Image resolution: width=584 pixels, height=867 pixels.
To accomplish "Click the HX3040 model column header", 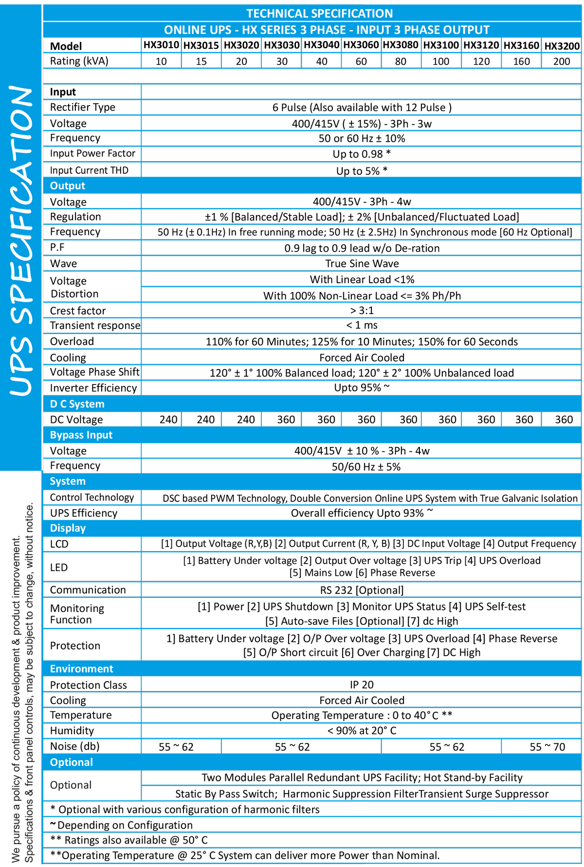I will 321,46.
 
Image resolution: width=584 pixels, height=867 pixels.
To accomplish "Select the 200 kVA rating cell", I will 561,61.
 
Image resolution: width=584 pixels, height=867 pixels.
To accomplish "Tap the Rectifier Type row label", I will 82,107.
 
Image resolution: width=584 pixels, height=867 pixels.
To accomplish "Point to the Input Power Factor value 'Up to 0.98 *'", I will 362,154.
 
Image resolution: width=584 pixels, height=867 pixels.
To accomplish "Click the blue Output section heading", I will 68,185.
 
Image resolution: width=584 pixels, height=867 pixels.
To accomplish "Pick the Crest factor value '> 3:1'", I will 362,310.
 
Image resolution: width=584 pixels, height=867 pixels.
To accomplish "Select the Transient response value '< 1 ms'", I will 362,325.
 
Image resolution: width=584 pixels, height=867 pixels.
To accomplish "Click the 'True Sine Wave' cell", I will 362,263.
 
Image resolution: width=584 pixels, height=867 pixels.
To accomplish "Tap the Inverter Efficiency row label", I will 93,387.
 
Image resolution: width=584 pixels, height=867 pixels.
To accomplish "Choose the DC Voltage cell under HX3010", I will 168,419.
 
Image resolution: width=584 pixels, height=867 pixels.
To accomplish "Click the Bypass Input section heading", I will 81,435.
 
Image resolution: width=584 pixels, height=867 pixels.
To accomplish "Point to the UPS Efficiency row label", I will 83,513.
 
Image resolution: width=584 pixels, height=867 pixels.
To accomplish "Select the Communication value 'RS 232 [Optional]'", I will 362,590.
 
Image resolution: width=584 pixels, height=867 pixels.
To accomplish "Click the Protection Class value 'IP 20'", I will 362,684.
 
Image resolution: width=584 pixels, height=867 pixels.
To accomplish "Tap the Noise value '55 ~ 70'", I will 547,747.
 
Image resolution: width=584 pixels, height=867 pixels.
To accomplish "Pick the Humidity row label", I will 72,730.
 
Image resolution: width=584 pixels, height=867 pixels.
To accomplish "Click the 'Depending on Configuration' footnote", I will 125,825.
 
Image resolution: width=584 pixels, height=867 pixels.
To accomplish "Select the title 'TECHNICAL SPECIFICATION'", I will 319,13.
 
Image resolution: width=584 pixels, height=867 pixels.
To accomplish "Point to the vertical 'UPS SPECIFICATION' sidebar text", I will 21,240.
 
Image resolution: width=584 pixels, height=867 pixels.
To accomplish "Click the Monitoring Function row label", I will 77,614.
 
